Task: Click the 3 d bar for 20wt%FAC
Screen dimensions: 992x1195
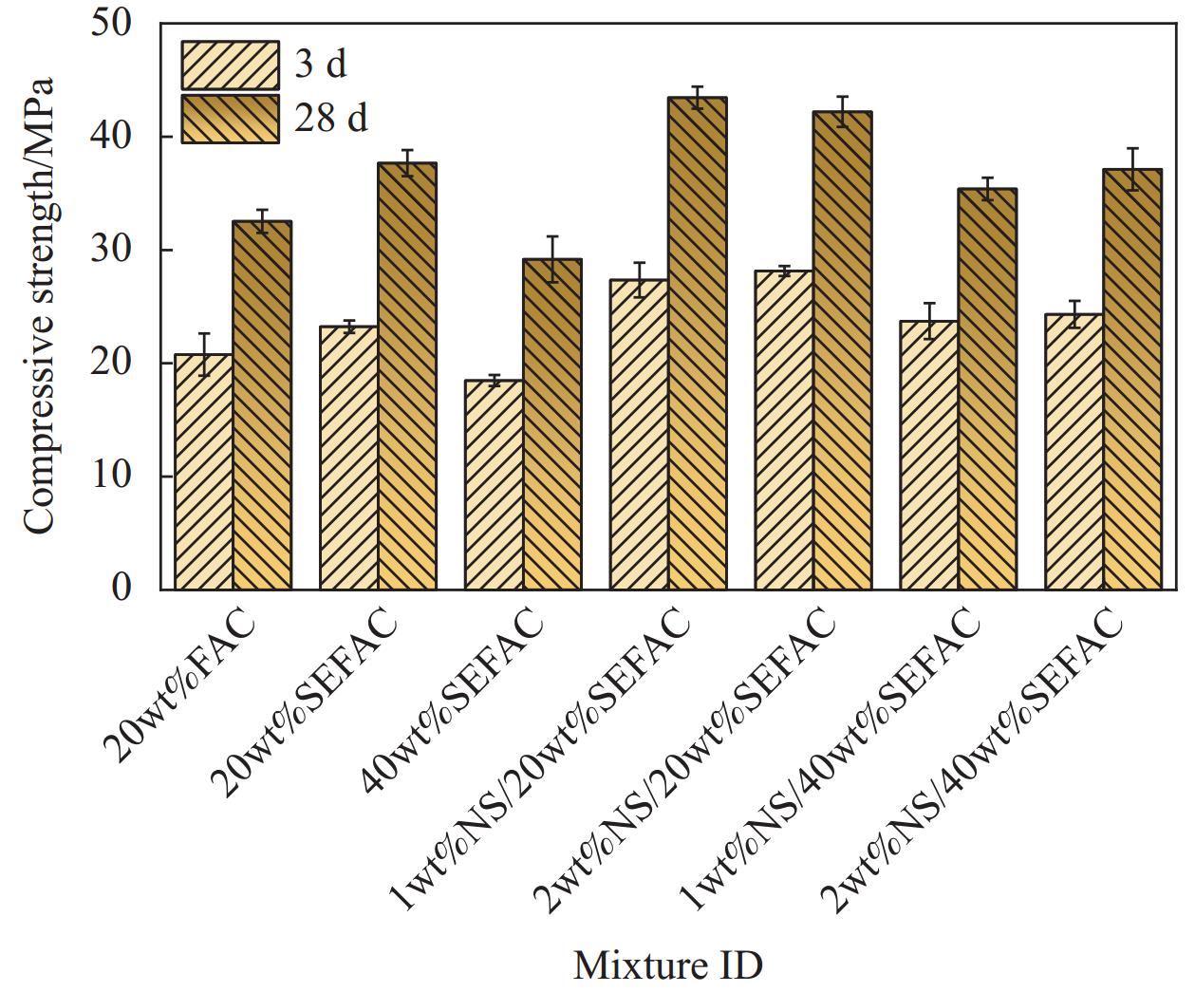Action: point(204,472)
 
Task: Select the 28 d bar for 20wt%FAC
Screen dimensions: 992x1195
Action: point(262,405)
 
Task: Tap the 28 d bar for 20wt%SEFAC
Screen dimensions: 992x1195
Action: point(407,376)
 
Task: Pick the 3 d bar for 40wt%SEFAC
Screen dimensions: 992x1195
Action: point(494,484)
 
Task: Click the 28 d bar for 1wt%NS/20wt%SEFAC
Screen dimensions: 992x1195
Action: point(698,344)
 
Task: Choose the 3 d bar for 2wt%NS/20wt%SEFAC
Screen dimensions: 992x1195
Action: point(784,430)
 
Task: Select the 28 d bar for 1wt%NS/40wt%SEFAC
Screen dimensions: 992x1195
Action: point(987,389)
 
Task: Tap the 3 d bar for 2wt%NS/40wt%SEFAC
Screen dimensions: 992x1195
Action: point(1074,452)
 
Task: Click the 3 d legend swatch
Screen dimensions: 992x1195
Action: point(231,65)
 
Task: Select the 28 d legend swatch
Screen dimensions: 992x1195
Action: point(231,119)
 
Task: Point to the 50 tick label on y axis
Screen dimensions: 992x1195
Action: point(112,24)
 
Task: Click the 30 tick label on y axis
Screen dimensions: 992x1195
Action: point(112,250)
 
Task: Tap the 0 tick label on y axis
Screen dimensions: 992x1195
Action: point(121,589)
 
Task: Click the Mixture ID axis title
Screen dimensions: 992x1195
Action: point(668,965)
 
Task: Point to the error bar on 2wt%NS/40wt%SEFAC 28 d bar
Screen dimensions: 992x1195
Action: point(1132,169)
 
